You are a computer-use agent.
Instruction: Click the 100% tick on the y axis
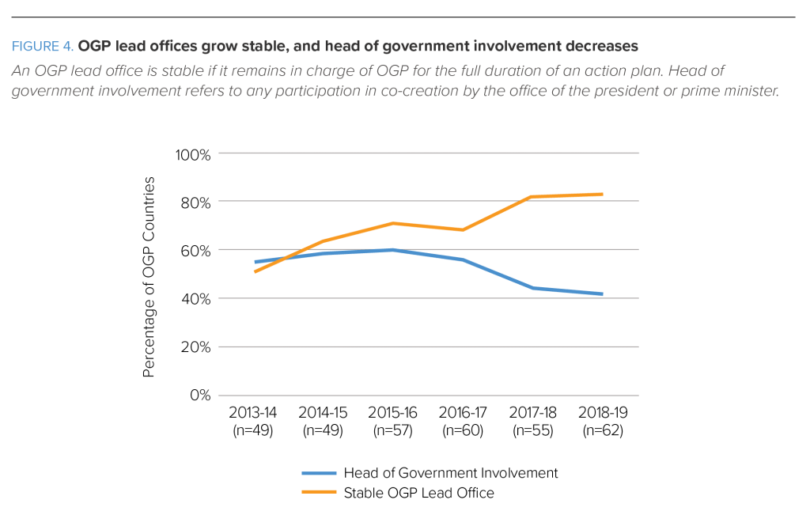[x=193, y=153]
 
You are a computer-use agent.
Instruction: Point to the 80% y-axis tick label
[x=196, y=202]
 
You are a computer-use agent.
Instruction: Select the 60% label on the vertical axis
[x=196, y=250]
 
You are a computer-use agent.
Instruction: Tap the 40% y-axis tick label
[x=196, y=299]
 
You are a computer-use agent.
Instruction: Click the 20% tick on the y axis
[x=196, y=347]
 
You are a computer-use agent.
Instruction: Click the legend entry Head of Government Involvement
[x=451, y=473]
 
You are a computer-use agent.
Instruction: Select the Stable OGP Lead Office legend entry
[x=418, y=494]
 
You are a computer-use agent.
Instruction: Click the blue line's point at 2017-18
[x=533, y=288]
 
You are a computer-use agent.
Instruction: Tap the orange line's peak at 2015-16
[x=393, y=223]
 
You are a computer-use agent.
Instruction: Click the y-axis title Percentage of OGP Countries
[x=149, y=277]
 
